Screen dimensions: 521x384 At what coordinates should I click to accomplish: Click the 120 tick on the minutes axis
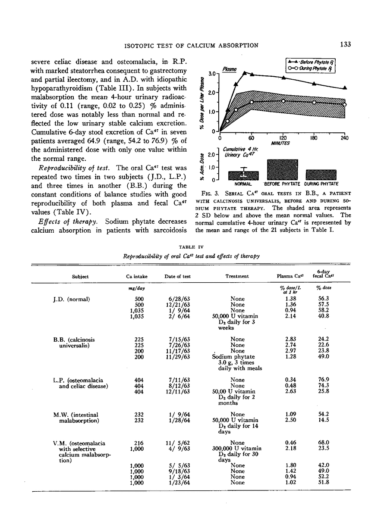[282, 138]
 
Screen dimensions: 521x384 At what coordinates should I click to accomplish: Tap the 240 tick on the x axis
[344, 138]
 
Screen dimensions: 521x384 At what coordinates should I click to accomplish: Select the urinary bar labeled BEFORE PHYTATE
[282, 169]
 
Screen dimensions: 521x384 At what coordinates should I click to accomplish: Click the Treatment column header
[237, 277]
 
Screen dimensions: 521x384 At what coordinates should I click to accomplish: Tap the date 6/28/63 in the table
[177, 299]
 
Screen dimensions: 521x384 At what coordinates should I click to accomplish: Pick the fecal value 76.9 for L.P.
[324, 380]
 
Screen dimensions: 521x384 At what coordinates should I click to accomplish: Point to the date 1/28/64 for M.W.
[177, 420]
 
